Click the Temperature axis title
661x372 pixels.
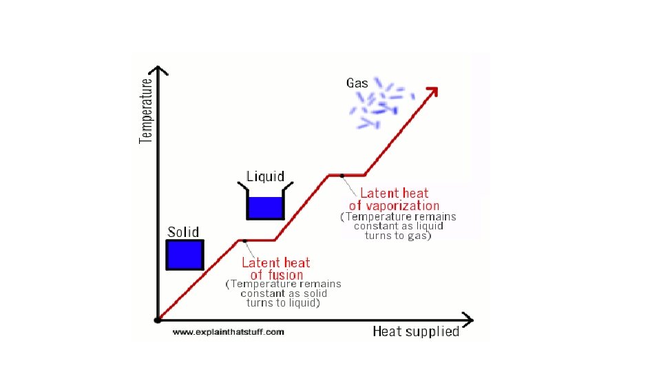(x=146, y=110)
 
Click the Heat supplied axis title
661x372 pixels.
(x=415, y=331)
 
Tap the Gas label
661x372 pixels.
(x=357, y=83)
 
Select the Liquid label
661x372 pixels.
(x=265, y=176)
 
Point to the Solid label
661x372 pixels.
(x=183, y=232)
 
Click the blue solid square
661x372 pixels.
(x=185, y=254)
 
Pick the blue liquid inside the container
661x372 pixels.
(x=265, y=208)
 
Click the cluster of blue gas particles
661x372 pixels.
(x=381, y=105)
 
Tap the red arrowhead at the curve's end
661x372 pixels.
(x=432, y=92)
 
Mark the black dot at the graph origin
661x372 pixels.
(x=158, y=320)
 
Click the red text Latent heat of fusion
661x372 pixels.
(x=275, y=269)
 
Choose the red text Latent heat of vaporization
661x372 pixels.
(x=394, y=199)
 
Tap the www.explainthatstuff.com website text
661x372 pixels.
(x=228, y=332)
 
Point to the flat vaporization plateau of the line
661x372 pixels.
(x=346, y=175)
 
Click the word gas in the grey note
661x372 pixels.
(x=417, y=236)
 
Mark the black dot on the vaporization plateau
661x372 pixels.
(x=342, y=176)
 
